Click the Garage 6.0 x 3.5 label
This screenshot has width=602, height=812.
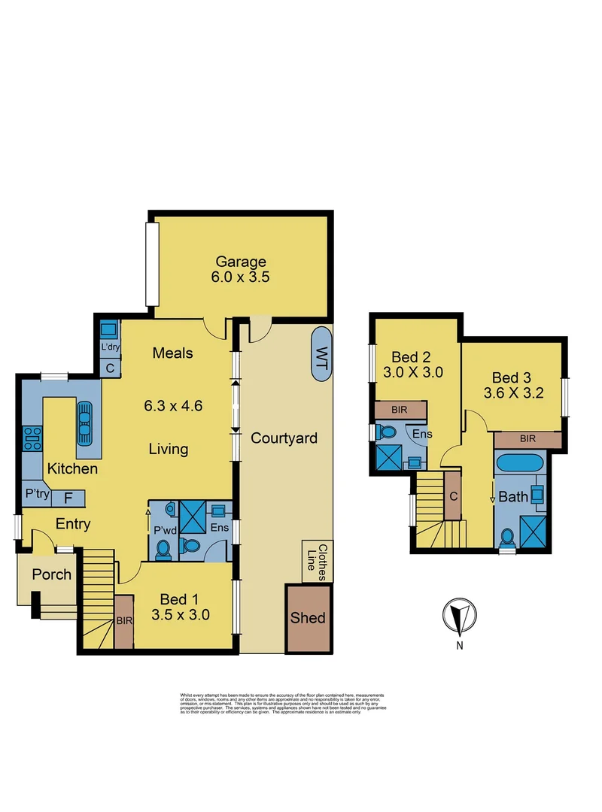tap(242, 268)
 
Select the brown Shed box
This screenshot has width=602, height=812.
tap(308, 617)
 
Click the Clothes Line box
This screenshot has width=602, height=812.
tap(317, 561)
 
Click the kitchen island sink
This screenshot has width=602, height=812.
tap(84, 425)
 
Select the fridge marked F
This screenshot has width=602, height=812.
tap(68, 497)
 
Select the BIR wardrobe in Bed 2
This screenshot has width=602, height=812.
tap(400, 411)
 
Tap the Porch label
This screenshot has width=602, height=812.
tap(51, 575)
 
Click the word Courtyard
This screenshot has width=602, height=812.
tap(284, 438)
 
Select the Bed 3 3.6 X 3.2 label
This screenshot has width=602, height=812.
tap(518, 384)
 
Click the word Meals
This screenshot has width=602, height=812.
tap(172, 353)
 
